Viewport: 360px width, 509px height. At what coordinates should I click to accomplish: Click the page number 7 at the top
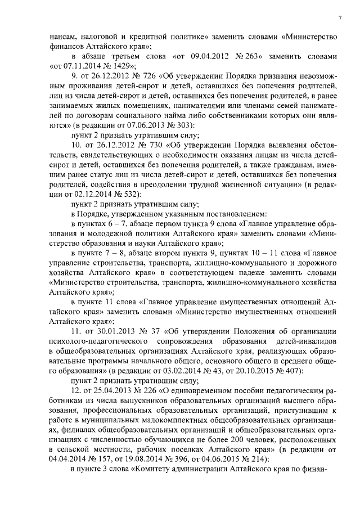pyautogui.click(x=340, y=19)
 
